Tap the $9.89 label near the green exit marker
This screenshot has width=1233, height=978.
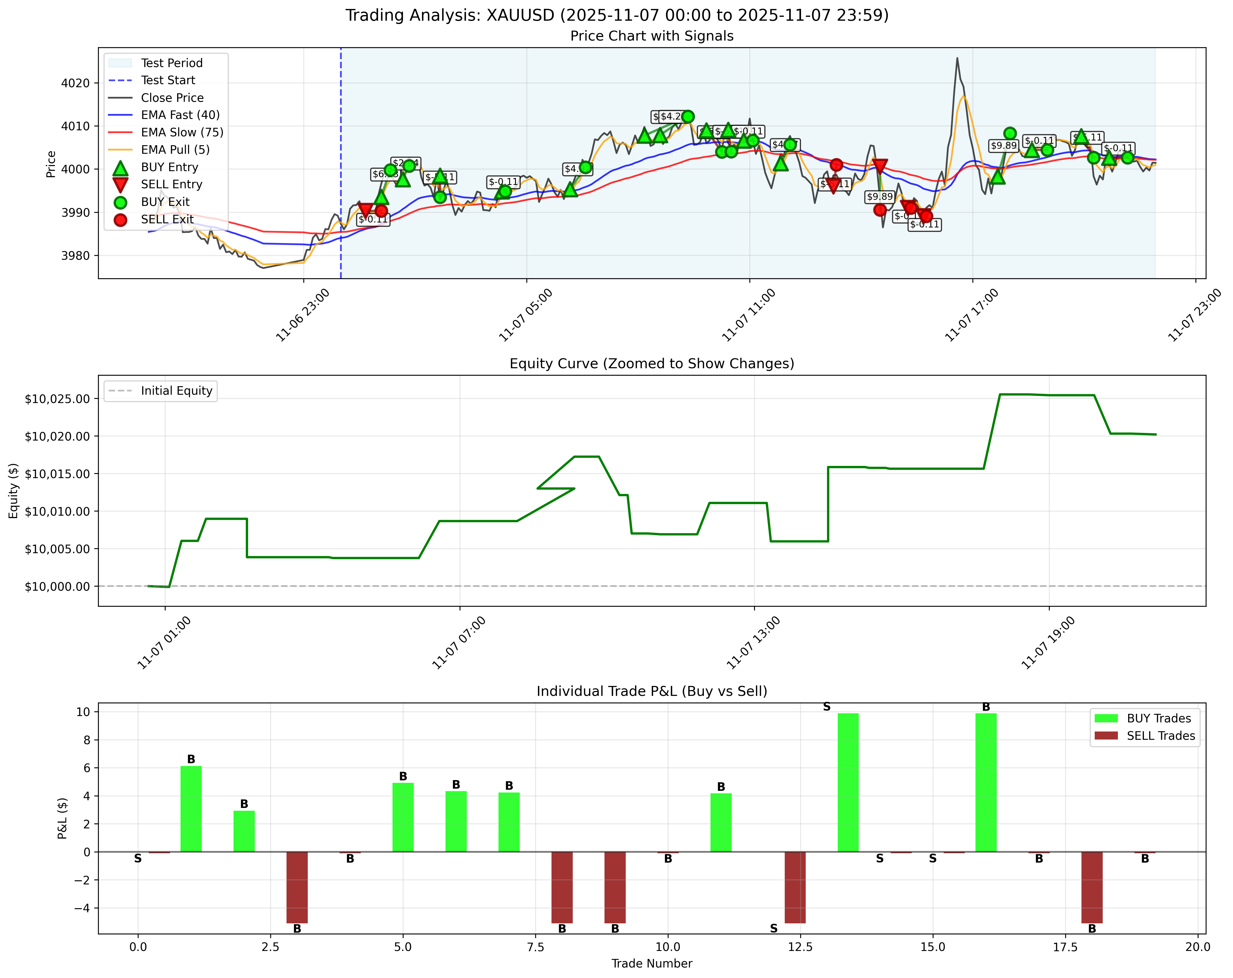coord(1003,146)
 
